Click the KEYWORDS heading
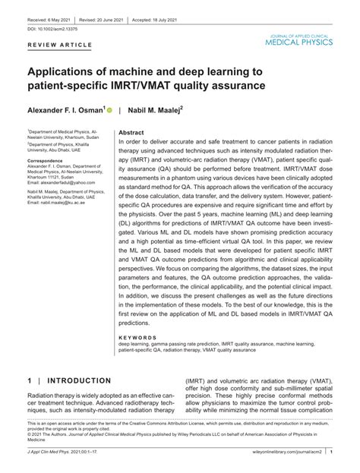pos(137,337)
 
